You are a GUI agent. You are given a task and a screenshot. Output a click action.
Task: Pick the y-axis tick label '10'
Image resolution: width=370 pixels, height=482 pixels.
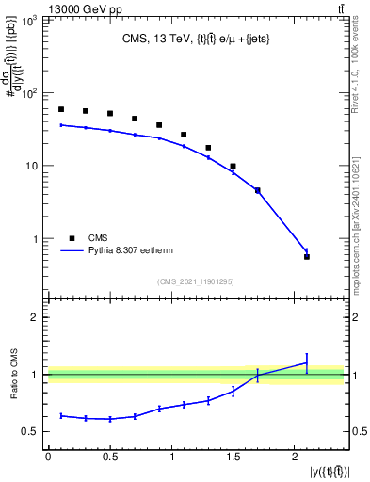(x=33, y=167)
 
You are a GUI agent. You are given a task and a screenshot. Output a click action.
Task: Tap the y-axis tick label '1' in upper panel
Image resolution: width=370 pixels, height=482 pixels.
(x=37, y=239)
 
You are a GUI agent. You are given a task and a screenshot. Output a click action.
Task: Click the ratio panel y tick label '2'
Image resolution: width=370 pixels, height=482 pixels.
(x=36, y=317)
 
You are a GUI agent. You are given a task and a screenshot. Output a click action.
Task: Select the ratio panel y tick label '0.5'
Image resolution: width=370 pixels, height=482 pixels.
(x=31, y=432)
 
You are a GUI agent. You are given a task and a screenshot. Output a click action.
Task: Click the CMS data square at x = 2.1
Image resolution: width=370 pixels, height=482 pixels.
(x=307, y=256)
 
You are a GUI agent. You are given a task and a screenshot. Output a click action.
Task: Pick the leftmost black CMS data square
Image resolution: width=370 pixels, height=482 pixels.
(x=61, y=109)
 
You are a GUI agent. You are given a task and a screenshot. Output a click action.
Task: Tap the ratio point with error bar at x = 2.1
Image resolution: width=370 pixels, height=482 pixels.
(x=307, y=362)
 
